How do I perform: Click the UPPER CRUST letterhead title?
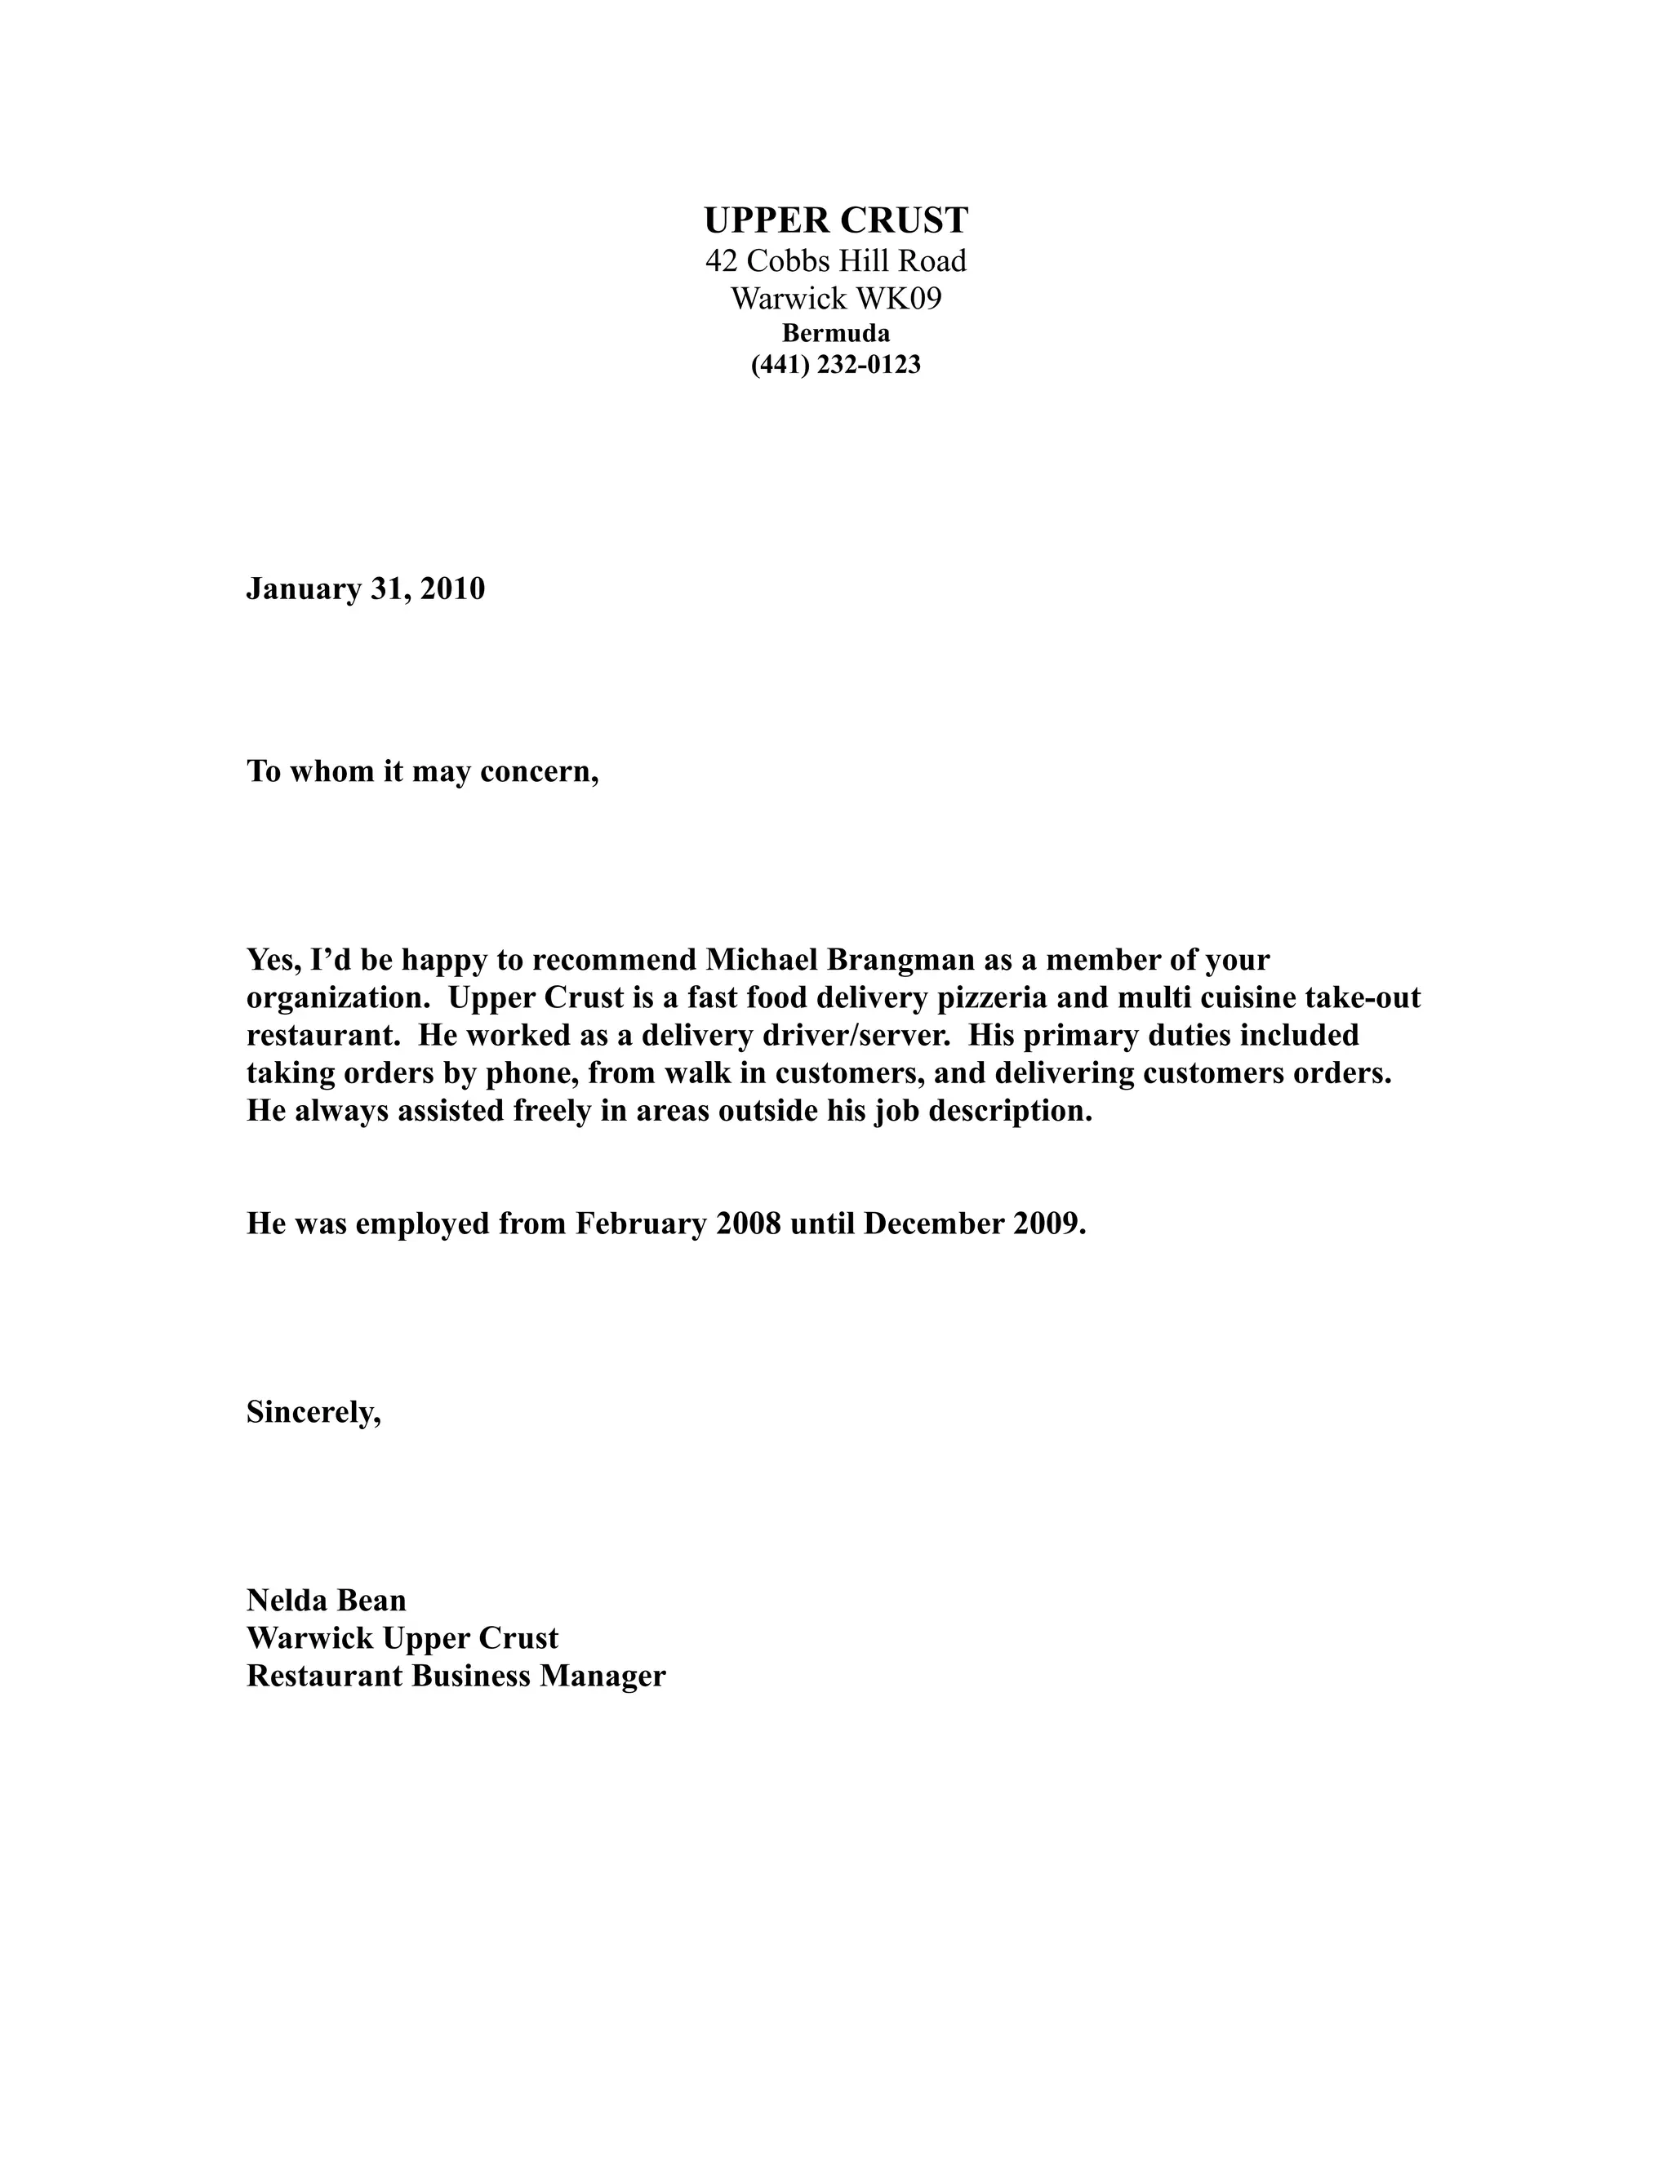[x=836, y=220]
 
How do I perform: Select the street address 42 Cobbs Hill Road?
[x=836, y=261]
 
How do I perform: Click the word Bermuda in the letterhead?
[x=836, y=334]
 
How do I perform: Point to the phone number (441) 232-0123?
[x=836, y=366]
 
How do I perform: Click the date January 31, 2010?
[x=366, y=589]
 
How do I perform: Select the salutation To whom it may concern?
[x=423, y=771]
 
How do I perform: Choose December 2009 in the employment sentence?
[x=974, y=1224]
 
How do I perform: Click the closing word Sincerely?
[x=313, y=1412]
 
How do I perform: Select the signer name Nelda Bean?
[x=327, y=1601]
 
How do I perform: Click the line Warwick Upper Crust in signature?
[x=402, y=1638]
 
